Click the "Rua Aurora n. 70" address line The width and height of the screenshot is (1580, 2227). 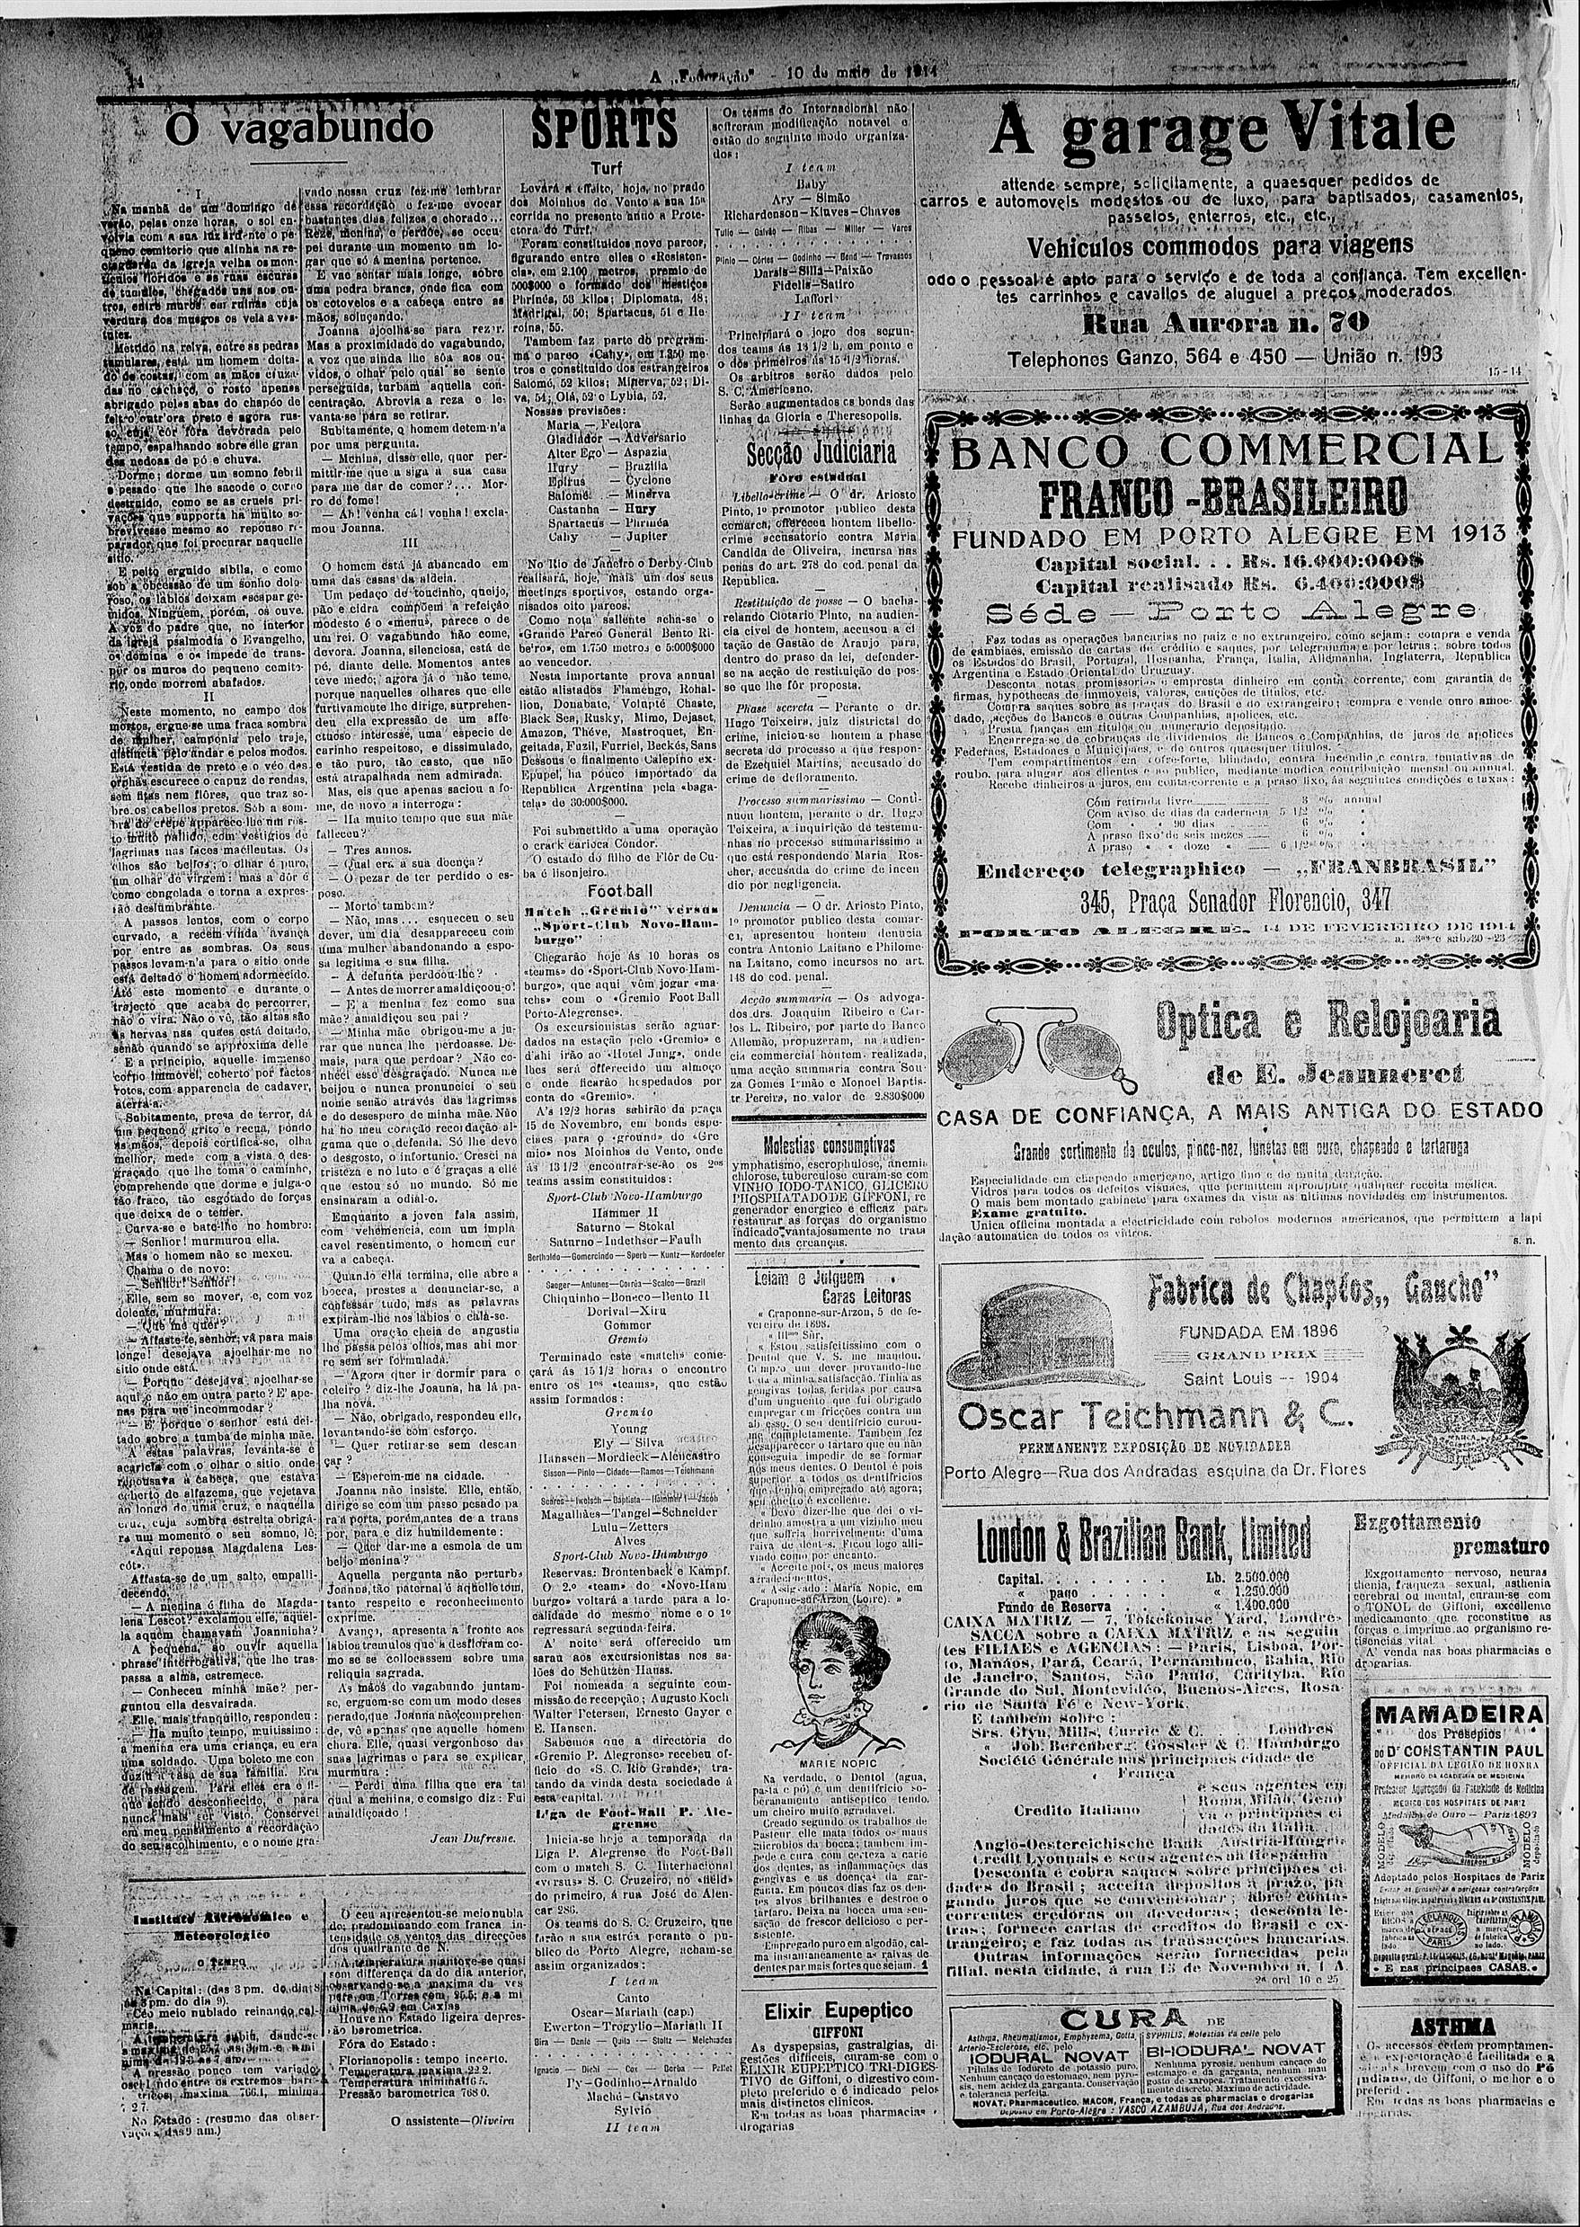click(1226, 322)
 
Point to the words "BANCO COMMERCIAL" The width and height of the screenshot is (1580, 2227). click(1226, 451)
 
